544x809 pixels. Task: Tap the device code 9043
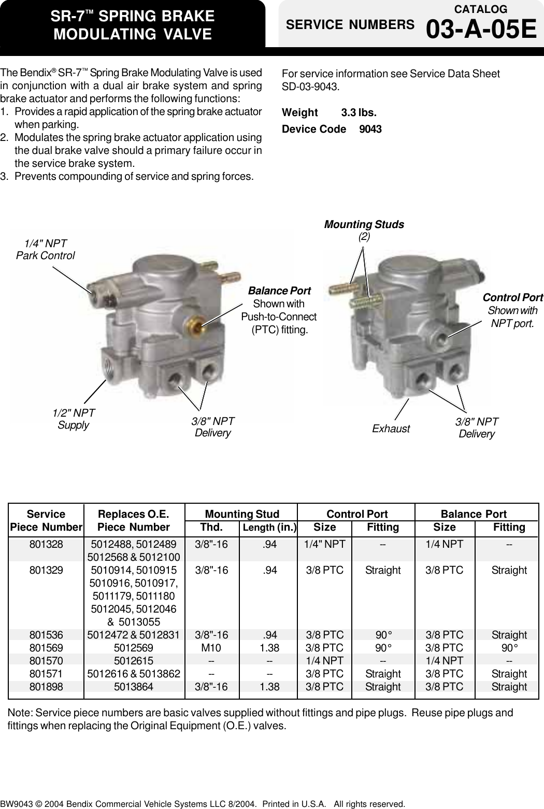click(x=370, y=129)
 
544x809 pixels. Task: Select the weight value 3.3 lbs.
click(x=359, y=112)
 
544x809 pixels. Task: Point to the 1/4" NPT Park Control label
click(x=45, y=249)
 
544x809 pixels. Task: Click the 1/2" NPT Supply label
click(x=74, y=419)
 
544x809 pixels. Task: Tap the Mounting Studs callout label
click(x=364, y=224)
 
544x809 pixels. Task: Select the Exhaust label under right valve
click(x=391, y=429)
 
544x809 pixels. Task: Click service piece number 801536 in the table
click(x=46, y=635)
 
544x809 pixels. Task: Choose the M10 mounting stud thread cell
click(x=211, y=648)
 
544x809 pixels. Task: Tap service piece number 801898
click(x=46, y=687)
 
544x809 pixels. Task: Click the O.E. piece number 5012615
click(x=134, y=661)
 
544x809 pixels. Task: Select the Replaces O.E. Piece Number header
click(x=134, y=520)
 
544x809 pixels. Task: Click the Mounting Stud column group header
click(x=242, y=514)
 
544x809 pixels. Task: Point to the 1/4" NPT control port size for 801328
click(x=324, y=544)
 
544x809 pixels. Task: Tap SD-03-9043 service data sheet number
click(x=310, y=87)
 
